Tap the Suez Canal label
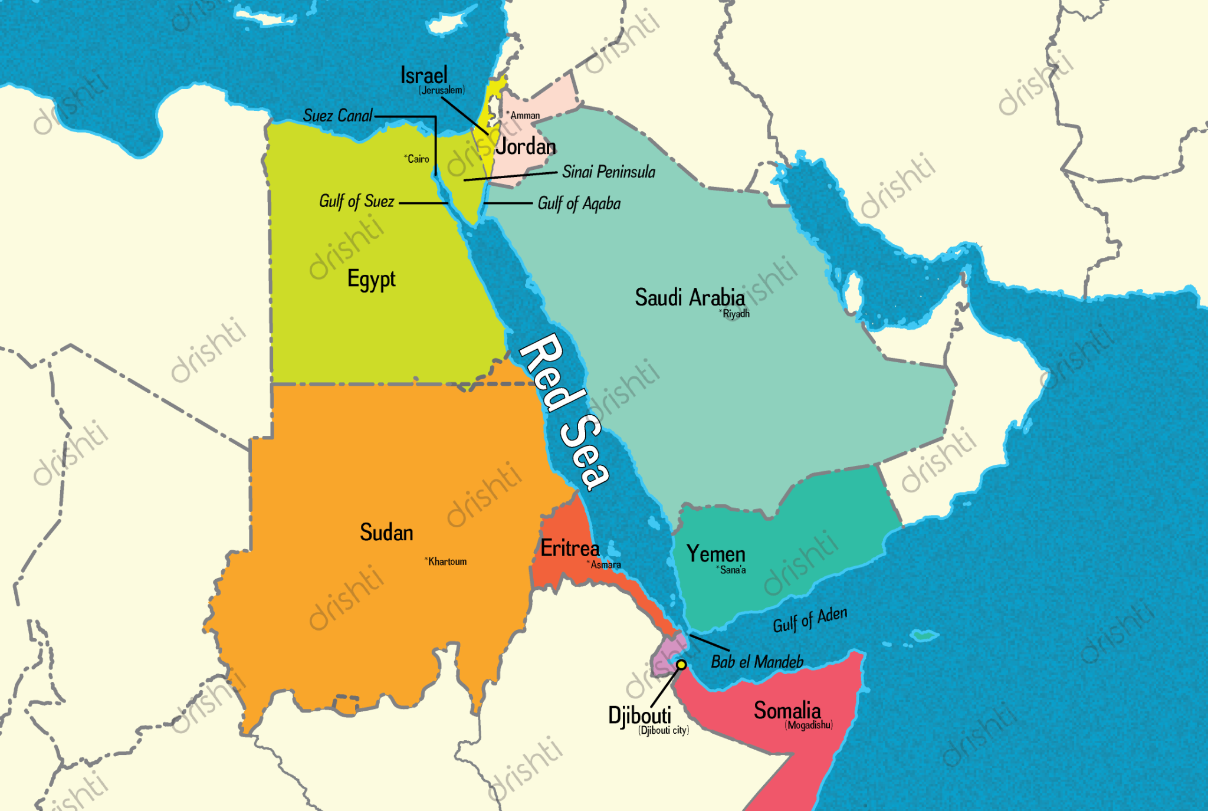tap(337, 116)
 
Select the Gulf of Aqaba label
tap(579, 203)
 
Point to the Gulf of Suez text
tap(356, 201)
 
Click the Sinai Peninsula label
tap(608, 172)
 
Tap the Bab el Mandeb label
tap(757, 662)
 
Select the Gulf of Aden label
tap(809, 619)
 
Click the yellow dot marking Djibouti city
tap(681, 665)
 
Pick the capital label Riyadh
tap(735, 314)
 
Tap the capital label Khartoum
tap(447, 562)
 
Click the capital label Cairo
tap(418, 159)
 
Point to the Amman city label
tap(524, 116)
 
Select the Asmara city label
tap(605, 565)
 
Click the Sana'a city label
tap(732, 570)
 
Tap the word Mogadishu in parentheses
tap(809, 725)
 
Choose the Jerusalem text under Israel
tap(442, 90)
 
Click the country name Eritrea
tap(570, 548)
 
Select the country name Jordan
tap(526, 146)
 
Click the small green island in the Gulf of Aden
tap(924, 636)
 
